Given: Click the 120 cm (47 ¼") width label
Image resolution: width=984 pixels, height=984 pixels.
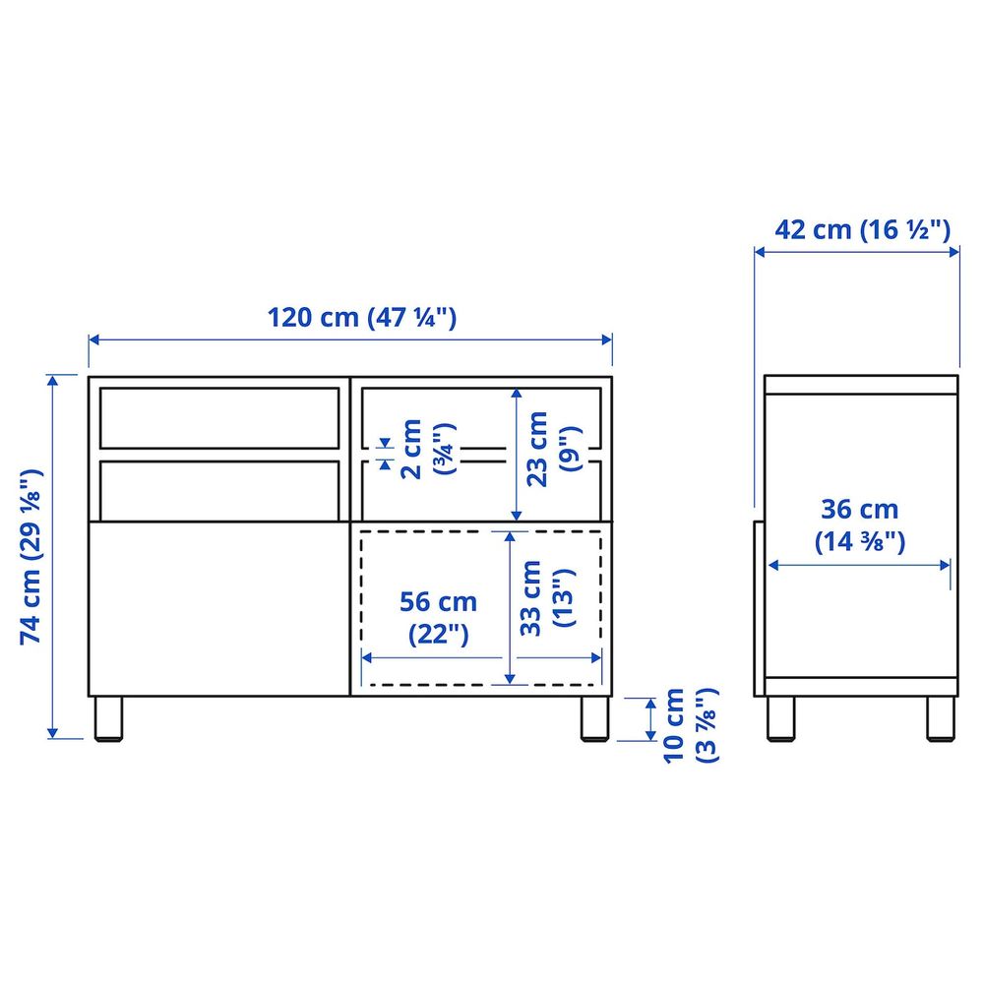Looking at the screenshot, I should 362,318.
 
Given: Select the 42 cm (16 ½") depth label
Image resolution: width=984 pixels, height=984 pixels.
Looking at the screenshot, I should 862,230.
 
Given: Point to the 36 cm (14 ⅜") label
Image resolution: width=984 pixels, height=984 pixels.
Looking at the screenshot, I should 860,525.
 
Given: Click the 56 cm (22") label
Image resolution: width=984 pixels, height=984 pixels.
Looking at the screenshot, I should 438,617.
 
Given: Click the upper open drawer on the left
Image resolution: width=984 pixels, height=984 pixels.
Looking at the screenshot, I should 217,418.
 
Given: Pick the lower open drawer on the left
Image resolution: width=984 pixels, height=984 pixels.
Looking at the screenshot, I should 217,487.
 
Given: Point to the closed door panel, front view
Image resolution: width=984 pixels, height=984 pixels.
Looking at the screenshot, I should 217,605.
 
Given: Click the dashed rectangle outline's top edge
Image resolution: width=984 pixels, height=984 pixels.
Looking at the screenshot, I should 480,531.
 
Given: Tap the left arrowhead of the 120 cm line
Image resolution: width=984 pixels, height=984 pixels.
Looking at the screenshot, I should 92,339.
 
